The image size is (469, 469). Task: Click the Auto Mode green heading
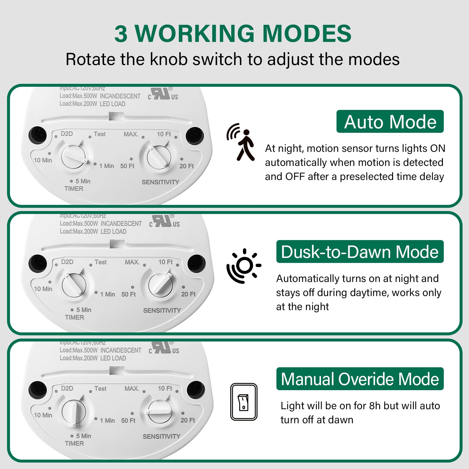(x=390, y=122)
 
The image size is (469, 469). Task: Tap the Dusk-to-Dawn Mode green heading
(x=360, y=252)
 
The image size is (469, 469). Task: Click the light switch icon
(x=244, y=402)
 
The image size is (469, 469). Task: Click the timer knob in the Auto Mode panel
(x=74, y=157)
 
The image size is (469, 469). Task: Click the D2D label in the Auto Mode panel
(x=67, y=134)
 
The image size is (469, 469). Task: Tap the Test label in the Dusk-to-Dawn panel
(x=101, y=262)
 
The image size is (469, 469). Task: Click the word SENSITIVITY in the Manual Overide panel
(x=162, y=436)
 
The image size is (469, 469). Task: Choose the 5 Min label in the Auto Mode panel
(x=83, y=181)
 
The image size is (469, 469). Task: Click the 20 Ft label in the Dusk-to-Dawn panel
(x=188, y=294)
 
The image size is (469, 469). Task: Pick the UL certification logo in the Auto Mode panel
(x=163, y=94)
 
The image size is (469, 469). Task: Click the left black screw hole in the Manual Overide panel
(x=38, y=390)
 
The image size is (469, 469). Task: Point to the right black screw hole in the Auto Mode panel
(x=195, y=136)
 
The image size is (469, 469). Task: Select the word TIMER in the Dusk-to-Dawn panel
(x=74, y=317)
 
